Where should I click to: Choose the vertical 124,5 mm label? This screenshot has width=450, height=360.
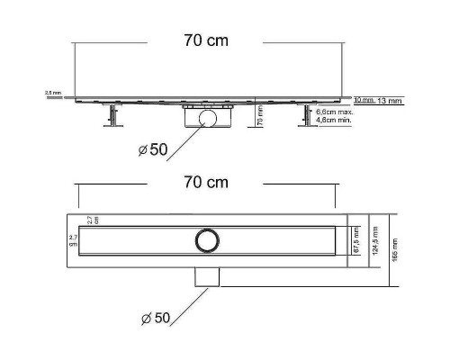(x=374, y=238)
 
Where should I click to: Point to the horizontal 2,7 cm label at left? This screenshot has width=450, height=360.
(x=74, y=239)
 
